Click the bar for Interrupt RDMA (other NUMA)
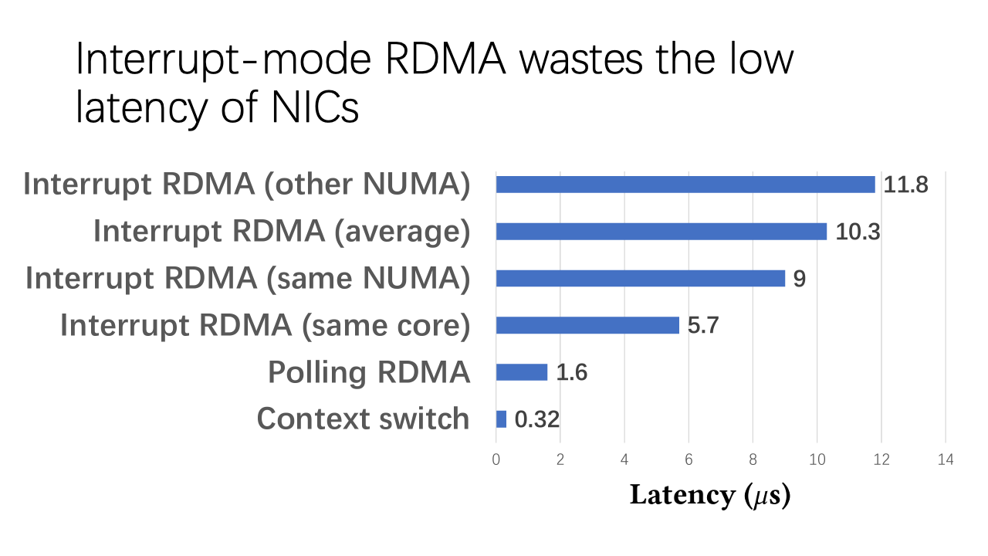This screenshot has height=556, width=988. [x=685, y=185]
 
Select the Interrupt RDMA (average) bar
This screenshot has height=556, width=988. [x=661, y=232]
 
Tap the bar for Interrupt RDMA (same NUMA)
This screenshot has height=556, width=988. [x=641, y=278]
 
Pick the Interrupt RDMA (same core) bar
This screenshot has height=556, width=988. [x=587, y=325]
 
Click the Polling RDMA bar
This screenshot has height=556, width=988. [x=522, y=372]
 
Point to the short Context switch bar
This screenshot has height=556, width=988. [x=501, y=419]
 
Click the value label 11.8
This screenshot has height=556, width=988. [x=905, y=185]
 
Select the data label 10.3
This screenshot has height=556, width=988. [x=858, y=232]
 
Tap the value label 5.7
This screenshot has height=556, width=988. [x=703, y=326]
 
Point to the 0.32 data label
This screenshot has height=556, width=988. [x=536, y=420]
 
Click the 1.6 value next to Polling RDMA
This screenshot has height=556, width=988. [x=572, y=373]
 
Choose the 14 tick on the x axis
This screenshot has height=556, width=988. [x=946, y=459]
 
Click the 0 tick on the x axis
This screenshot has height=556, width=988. [x=496, y=459]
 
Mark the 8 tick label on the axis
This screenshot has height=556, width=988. [x=753, y=459]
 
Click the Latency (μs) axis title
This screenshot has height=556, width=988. [x=710, y=495]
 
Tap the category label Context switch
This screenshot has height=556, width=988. [x=363, y=419]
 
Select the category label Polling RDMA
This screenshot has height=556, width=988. [x=369, y=372]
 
